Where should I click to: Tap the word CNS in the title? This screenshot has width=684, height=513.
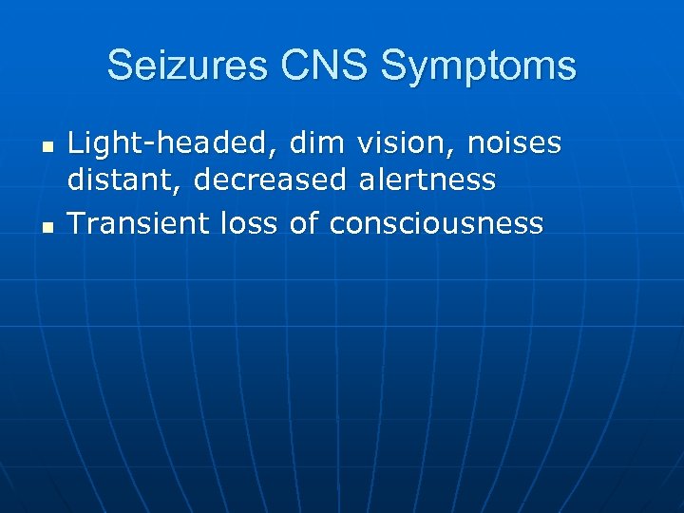317,66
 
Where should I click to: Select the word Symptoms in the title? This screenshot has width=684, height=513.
478,67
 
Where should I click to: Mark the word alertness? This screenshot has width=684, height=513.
427,180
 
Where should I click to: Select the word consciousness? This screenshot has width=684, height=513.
437,223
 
